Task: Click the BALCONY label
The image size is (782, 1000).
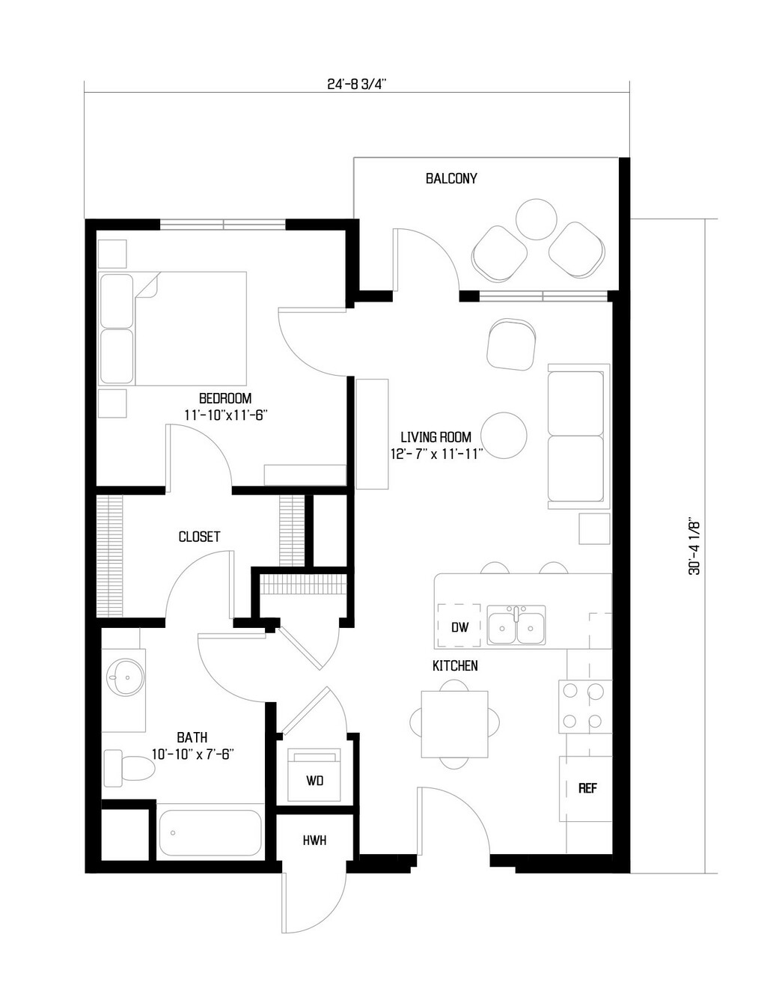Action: [451, 179]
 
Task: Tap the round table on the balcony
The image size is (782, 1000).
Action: [537, 219]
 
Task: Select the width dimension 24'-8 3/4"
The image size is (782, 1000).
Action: [356, 85]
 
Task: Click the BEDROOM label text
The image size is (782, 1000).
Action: [225, 398]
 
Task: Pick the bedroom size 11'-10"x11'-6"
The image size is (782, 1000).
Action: [226, 415]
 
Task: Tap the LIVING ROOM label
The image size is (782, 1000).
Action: [436, 436]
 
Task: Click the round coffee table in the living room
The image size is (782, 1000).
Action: [504, 436]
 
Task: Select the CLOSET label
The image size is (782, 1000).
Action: [199, 537]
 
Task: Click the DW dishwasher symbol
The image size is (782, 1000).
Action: [459, 626]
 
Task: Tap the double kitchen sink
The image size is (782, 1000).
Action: [516, 625]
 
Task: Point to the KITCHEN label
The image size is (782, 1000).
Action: [455, 665]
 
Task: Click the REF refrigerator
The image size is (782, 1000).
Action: [586, 788]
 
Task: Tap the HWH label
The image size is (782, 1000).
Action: [314, 841]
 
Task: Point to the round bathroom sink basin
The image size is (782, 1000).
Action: [125, 677]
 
